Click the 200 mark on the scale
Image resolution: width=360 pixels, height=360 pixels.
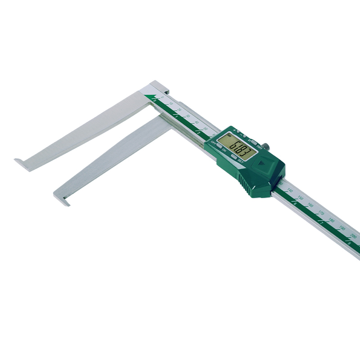pyautogui.click(x=353, y=236)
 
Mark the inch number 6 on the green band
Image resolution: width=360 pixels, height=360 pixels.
pyautogui.click(x=294, y=204)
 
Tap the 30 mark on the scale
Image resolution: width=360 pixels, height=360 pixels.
pyautogui.click(x=188, y=116)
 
